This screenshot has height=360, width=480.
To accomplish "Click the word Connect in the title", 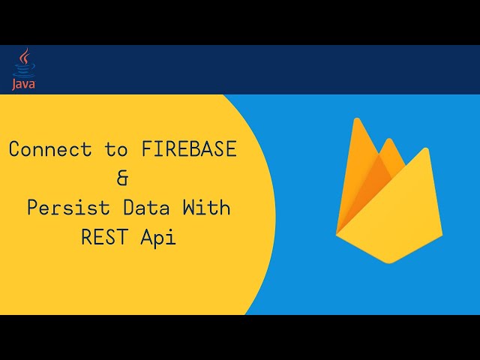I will click(x=51, y=149).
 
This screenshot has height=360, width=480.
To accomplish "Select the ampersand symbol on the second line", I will click(x=123, y=178).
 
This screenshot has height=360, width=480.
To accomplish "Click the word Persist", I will click(x=62, y=208).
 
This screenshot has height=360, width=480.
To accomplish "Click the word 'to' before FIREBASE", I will click(x=116, y=149).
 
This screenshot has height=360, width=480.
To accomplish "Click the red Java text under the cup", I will click(x=23, y=84).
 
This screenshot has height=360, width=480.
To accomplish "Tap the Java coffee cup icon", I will click(x=24, y=69).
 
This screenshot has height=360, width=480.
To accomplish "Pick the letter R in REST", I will click(x=86, y=238).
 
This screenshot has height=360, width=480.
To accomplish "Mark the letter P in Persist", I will click(x=32, y=208).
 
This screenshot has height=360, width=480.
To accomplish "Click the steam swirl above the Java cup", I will click(x=26, y=55).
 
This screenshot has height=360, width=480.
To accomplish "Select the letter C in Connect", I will click(x=14, y=149).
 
